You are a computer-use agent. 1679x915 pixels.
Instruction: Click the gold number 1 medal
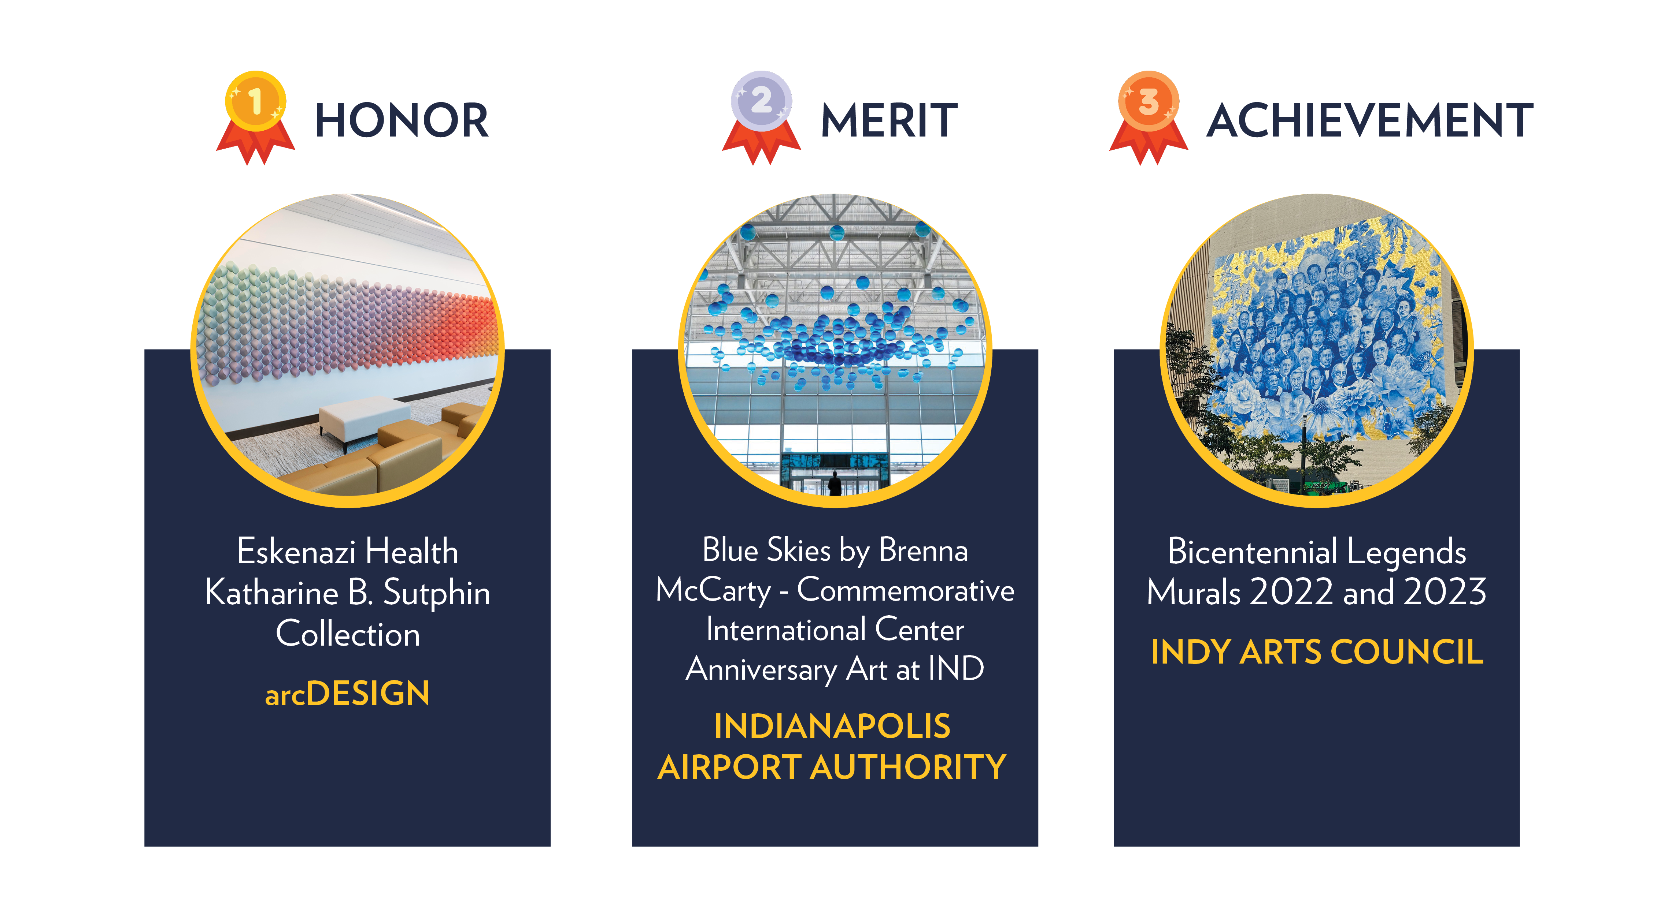pos(255,117)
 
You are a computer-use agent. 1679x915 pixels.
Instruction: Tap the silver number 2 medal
pos(761,117)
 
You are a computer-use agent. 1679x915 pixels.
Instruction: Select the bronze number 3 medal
pos(1149,117)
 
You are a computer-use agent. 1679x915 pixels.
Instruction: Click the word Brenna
pos(924,550)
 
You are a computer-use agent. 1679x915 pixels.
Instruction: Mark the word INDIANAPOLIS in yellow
pos(832,726)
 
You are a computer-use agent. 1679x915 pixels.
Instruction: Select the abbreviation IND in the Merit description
pos(956,669)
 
